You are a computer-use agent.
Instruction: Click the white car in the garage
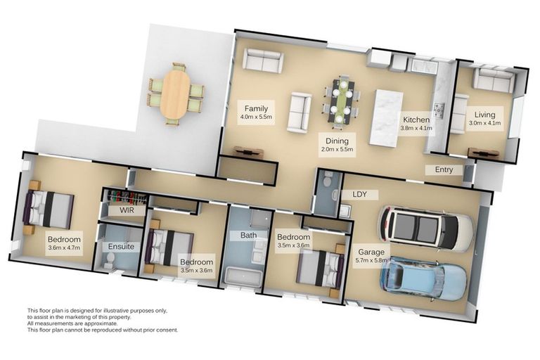[x=426, y=229]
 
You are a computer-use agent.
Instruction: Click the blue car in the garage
[x=423, y=278]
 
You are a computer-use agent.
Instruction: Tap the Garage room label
[x=371, y=252]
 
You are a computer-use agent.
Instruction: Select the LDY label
[x=360, y=194]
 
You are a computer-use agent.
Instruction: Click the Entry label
[x=444, y=169]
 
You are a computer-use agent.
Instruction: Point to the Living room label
[x=484, y=115]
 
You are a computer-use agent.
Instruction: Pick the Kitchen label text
[x=416, y=120]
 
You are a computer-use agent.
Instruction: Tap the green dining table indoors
[x=342, y=99]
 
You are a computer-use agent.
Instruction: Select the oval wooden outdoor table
[x=174, y=95]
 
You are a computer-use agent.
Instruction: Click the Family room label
[x=255, y=108]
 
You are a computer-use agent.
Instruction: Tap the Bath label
[x=248, y=235]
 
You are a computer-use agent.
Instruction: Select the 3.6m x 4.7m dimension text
[x=64, y=247]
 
